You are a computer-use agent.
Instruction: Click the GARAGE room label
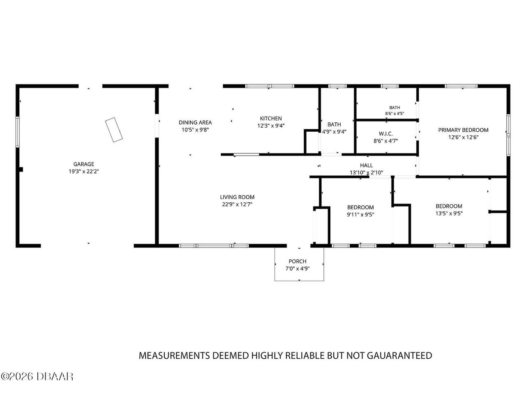tap(84, 164)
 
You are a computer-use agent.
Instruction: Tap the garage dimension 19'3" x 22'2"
tap(84, 172)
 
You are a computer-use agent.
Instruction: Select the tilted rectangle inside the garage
tap(114, 130)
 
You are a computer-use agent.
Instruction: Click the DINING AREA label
tap(195, 122)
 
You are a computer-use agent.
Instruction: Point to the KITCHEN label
tap(271, 119)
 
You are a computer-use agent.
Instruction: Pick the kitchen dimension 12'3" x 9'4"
tap(271, 126)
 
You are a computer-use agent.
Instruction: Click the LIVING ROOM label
tap(237, 197)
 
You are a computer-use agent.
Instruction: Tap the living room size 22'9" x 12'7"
tap(237, 204)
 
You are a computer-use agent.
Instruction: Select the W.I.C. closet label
tap(385, 134)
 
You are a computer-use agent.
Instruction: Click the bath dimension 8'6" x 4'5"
tap(394, 114)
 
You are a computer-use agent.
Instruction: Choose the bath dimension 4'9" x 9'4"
tap(334, 132)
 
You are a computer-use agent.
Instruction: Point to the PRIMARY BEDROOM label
tap(463, 130)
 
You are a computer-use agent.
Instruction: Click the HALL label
tap(366, 165)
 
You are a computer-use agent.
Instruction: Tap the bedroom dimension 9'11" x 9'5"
tap(360, 215)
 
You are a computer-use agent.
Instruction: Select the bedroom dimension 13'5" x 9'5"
tap(449, 213)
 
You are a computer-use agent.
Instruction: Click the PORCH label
tap(298, 261)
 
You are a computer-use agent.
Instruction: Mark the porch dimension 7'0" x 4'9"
tap(298, 268)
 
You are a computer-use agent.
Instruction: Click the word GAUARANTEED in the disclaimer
tap(399, 355)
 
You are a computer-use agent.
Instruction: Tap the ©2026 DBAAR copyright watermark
tap(37, 376)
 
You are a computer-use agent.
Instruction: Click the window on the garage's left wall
tap(17, 132)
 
